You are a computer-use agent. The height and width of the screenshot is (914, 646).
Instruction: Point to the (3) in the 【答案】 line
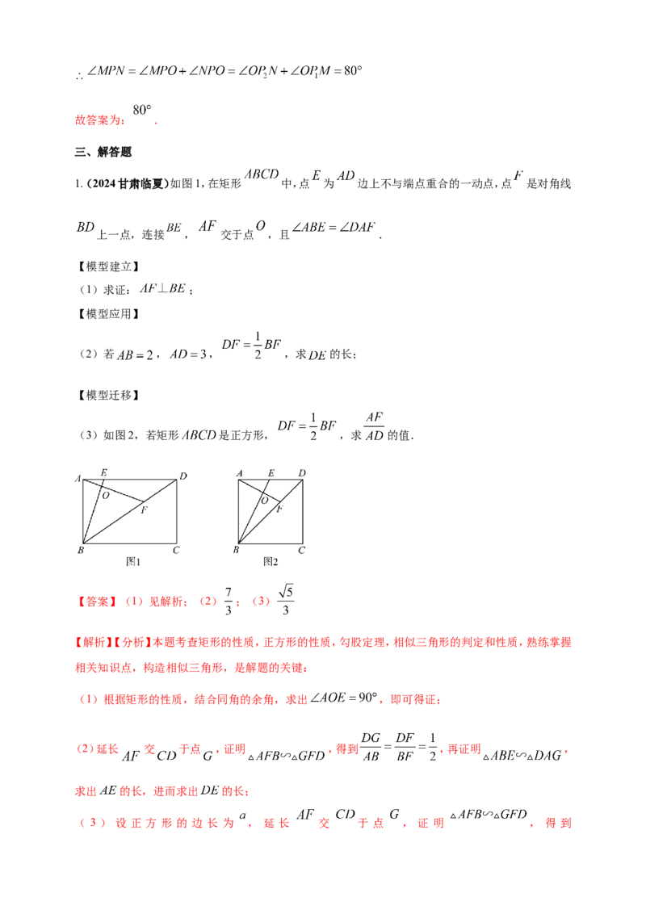pos(260,602)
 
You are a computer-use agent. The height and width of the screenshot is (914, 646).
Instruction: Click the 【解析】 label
pos(89,643)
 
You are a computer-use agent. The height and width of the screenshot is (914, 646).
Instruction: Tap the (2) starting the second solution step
pos(84,751)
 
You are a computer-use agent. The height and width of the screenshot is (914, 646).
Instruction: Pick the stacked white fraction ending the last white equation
pos(373,426)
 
